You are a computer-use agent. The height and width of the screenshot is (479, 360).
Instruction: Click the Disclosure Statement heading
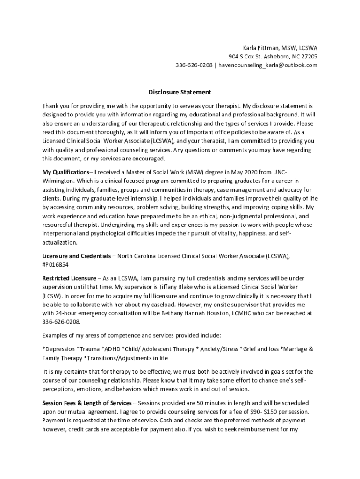pos(180,92)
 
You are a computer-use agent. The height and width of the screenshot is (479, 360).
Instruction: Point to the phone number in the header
pos(193,65)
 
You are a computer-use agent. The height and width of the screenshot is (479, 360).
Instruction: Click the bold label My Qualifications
pos(65,172)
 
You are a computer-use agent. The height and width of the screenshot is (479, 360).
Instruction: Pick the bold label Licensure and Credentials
pos(77,256)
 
